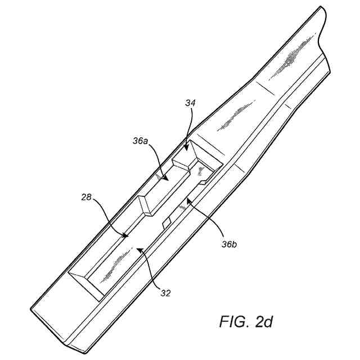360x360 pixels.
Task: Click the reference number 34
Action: point(191,103)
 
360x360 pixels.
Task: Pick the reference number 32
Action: point(165,292)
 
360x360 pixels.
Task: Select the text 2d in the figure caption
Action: point(263,322)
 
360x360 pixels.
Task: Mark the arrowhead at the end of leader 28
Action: point(127,236)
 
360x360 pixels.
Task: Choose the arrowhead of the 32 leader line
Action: point(141,247)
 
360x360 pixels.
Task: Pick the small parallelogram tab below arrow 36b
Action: point(167,223)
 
